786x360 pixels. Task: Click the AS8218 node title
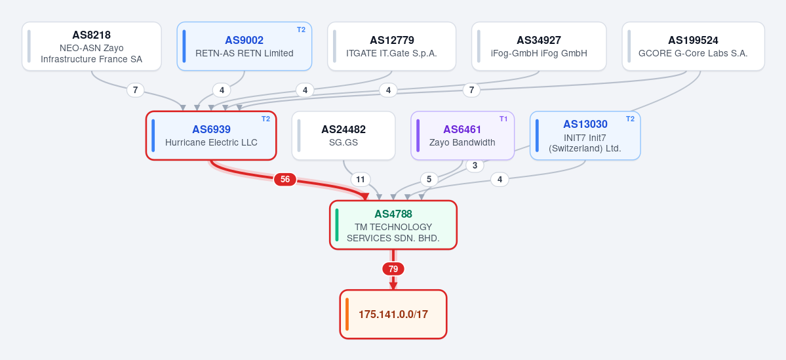click(91, 35)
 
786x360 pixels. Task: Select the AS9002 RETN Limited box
click(244, 46)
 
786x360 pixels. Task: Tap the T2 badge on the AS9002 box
click(301, 30)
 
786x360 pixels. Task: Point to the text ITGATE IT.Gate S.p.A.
click(391, 53)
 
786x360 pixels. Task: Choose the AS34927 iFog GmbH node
click(539, 46)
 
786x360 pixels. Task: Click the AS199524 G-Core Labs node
click(694, 46)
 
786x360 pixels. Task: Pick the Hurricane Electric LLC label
click(211, 142)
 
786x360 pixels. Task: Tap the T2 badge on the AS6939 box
click(265, 119)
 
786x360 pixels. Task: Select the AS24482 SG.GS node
click(344, 135)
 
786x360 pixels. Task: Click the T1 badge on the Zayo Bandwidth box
click(503, 119)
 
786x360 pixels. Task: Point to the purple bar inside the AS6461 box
click(418, 135)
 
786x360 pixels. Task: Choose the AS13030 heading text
click(585, 125)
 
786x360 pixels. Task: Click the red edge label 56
click(285, 180)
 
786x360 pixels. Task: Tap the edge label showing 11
click(360, 180)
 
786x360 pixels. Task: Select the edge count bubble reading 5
click(429, 180)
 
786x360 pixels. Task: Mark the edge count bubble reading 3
click(475, 165)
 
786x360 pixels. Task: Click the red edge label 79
click(393, 270)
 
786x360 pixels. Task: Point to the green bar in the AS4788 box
click(337, 225)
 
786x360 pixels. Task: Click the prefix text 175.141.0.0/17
click(393, 314)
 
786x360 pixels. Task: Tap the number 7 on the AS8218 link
click(135, 90)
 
